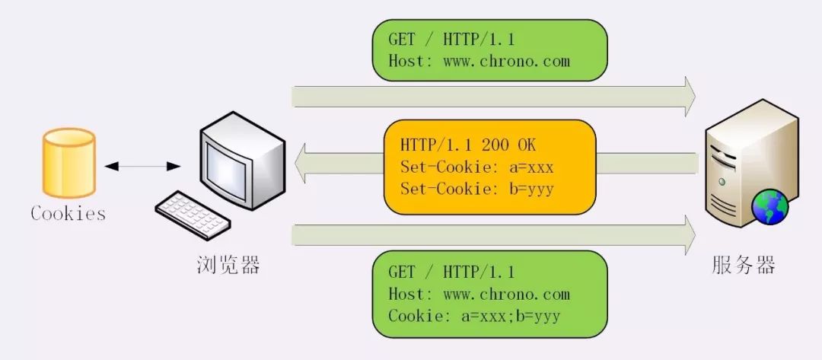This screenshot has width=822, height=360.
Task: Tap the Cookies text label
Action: (x=68, y=213)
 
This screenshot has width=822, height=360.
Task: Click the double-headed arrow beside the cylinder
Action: (x=142, y=166)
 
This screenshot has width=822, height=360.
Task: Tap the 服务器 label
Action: (x=743, y=266)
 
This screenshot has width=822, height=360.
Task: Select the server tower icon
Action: (x=746, y=164)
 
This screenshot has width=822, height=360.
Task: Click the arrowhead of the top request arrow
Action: (x=688, y=97)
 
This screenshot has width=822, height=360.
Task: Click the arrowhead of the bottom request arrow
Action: (x=688, y=235)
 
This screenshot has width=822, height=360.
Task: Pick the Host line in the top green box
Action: (x=479, y=61)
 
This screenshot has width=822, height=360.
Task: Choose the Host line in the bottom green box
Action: (x=479, y=294)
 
